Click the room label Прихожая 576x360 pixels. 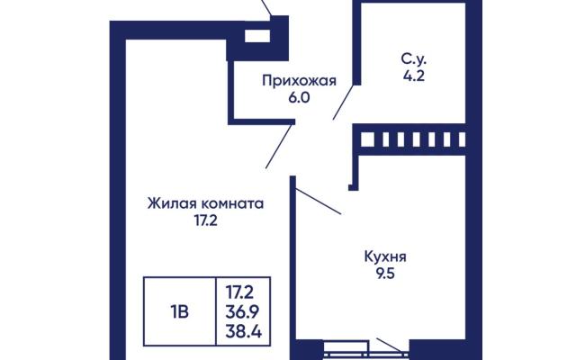tap(299, 81)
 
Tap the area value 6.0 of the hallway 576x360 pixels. tap(299, 98)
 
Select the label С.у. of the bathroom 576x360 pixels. tap(414, 59)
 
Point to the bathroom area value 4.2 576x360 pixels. tap(414, 76)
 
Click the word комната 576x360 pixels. tap(233, 203)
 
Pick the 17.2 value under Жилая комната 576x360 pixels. tap(206, 220)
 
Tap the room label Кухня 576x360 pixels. tap(385, 256)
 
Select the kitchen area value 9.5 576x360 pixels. tap(385, 274)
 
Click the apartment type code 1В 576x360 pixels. tap(179, 312)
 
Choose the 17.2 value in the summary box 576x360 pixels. tap(239, 292)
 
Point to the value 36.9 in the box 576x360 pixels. tap(242, 312)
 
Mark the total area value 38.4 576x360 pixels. tap(243, 332)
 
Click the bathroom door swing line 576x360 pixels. tap(344, 102)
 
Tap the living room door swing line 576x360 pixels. tap(279, 146)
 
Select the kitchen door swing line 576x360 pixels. tap(318, 201)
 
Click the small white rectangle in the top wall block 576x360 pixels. tap(257, 36)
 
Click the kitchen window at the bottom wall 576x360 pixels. tap(366, 350)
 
